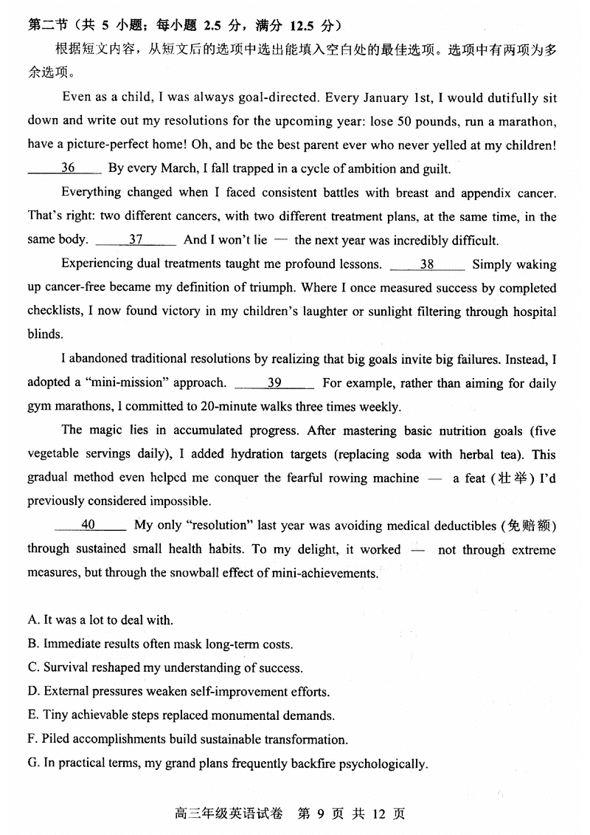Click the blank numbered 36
pyautogui.click(x=67, y=168)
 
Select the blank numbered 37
pyautogui.click(x=136, y=240)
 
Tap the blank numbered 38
pyautogui.click(x=427, y=264)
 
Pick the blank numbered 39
pyautogui.click(x=274, y=382)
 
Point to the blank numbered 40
pyautogui.click(x=88, y=525)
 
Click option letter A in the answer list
pyautogui.click(x=33, y=620)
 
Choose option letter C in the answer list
pyautogui.click(x=33, y=667)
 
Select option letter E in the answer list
pyautogui.click(x=32, y=715)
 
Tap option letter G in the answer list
pyautogui.click(x=33, y=763)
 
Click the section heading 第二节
pyautogui.click(x=45, y=26)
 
